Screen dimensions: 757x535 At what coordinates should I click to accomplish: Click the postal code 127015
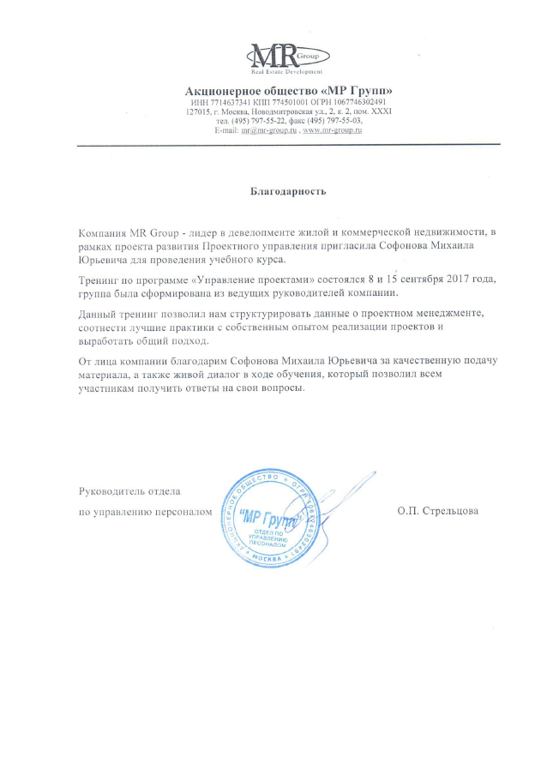click(199, 111)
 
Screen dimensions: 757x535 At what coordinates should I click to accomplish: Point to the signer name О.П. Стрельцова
click(437, 512)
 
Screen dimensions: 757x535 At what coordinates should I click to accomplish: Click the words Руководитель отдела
click(129, 492)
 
